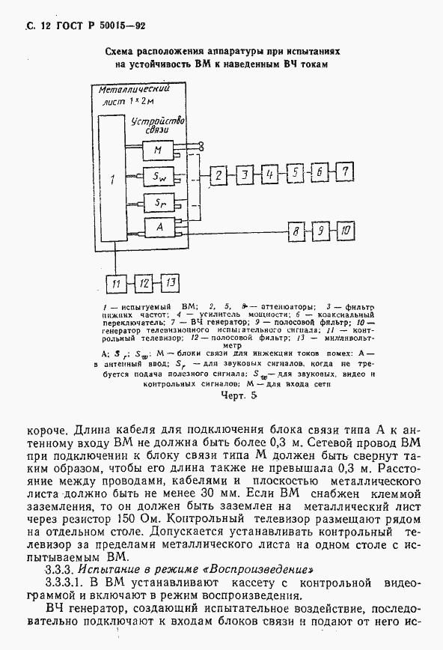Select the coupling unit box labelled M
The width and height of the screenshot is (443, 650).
[158, 151]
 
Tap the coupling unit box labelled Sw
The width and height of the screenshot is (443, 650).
[158, 177]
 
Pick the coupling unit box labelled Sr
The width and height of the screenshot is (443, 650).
[158, 201]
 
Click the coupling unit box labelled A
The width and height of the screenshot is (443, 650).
[158, 227]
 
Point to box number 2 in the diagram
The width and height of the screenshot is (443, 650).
[218, 176]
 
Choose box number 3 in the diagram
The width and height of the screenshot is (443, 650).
[244, 176]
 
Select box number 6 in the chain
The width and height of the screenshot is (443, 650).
[320, 174]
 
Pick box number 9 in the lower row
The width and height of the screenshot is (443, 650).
[320, 231]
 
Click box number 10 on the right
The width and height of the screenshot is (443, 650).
[345, 230]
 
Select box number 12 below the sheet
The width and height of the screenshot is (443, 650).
[144, 283]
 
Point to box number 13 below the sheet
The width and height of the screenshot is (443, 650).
[171, 282]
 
